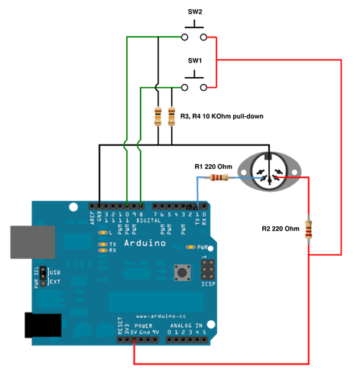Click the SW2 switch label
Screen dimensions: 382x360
[195, 11]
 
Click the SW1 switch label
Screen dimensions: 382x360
[195, 59]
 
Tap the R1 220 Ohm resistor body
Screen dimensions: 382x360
[219, 178]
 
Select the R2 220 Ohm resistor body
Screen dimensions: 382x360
[309, 229]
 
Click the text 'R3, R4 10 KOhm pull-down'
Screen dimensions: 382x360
[221, 116]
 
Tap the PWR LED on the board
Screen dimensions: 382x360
[192, 248]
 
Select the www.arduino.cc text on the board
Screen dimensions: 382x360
[159, 314]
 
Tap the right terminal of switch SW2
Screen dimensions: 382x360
[203, 37]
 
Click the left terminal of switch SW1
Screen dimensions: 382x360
[185, 86]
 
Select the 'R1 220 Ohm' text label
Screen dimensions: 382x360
[214, 166]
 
